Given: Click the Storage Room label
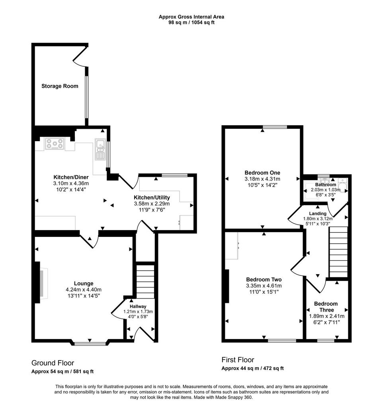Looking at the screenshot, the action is (60, 86).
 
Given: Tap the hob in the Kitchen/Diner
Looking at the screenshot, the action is (55, 143).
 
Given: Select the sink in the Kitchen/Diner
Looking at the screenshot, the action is (100, 149).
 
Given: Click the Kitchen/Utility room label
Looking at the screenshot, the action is (152, 198).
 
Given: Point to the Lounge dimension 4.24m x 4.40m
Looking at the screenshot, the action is (84, 289).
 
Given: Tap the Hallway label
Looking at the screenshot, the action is (138, 306).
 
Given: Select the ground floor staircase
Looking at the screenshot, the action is (146, 281).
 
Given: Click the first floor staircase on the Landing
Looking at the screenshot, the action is (338, 252).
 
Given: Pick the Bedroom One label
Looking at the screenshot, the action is (262, 172).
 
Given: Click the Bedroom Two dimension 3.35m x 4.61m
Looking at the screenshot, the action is (264, 286).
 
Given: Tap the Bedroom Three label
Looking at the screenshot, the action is (326, 307).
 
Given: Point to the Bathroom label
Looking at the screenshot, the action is (326, 184).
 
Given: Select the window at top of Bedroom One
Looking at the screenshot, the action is (275, 127).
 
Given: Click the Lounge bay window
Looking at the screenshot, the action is (90, 344).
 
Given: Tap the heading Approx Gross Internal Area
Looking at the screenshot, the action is (191, 17).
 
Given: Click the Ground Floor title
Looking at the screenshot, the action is (53, 363).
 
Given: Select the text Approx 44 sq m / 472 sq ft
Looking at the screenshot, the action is (252, 368).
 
